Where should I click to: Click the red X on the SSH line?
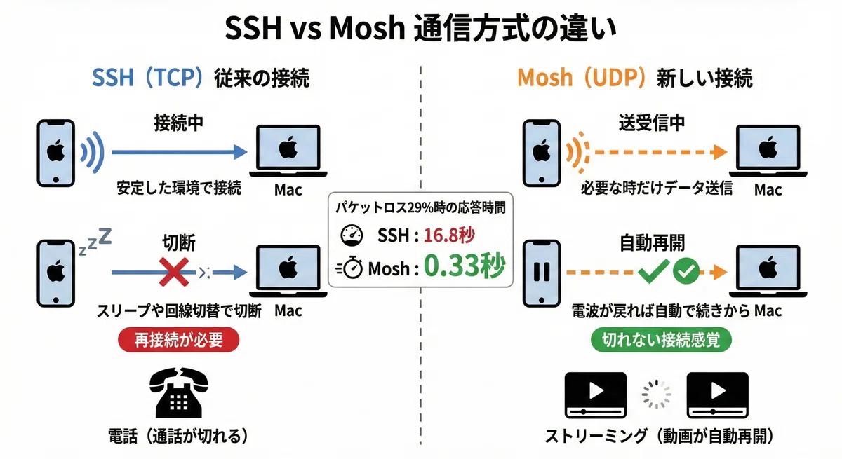point(174,272)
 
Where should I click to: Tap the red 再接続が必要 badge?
point(178,340)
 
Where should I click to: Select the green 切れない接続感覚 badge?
point(661,340)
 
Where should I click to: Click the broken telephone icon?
point(179,392)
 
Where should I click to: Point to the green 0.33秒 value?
point(465,266)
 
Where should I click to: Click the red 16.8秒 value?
point(449,235)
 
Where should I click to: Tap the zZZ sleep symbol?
point(95,241)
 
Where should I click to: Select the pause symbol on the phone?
point(542,271)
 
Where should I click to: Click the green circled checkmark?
point(686,271)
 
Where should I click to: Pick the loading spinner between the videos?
point(656,395)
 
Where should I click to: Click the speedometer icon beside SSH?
point(352,235)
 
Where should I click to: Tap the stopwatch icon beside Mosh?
point(349,268)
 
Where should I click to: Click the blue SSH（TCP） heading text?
point(148,78)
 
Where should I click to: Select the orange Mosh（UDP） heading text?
point(582,78)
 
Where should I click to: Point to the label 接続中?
point(179,123)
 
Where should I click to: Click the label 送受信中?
point(652,123)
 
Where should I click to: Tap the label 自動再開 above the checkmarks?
point(652,243)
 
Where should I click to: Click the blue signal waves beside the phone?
point(93,152)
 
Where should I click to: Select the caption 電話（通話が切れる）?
point(178,436)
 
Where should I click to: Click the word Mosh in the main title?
point(367,29)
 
